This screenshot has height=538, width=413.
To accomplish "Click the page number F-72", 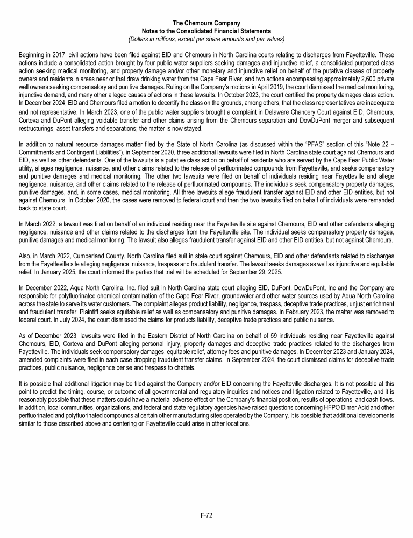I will pos(206,515).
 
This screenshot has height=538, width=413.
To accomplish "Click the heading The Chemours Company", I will pos(206,24).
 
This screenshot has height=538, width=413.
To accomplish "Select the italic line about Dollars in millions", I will pos(206,39).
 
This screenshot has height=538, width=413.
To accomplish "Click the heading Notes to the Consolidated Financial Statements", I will pos(206,31).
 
